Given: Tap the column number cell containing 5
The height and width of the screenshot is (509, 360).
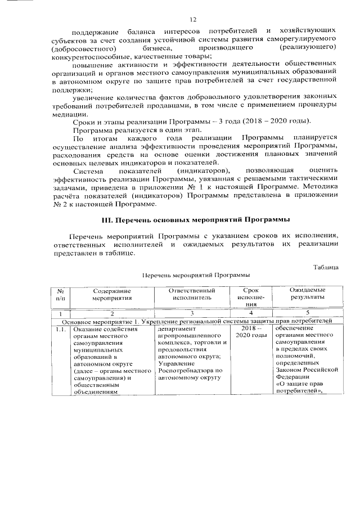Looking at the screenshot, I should point(307,312).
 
